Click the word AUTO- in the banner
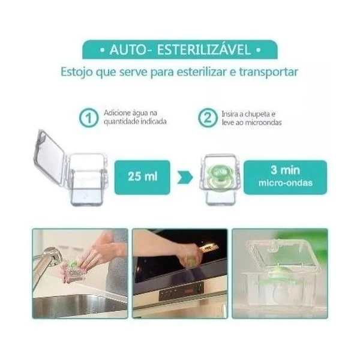coord(128,50)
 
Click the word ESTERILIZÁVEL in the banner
coord(203,49)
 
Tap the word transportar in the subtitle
coord(269,72)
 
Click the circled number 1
coord(89,118)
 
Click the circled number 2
coord(208,118)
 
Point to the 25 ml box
coord(142,177)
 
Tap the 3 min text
coord(285,170)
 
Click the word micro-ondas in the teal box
coord(286,183)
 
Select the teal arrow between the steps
coord(185,178)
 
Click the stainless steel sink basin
coord(78,304)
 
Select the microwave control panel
coord(181,292)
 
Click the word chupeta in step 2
coord(257,114)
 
